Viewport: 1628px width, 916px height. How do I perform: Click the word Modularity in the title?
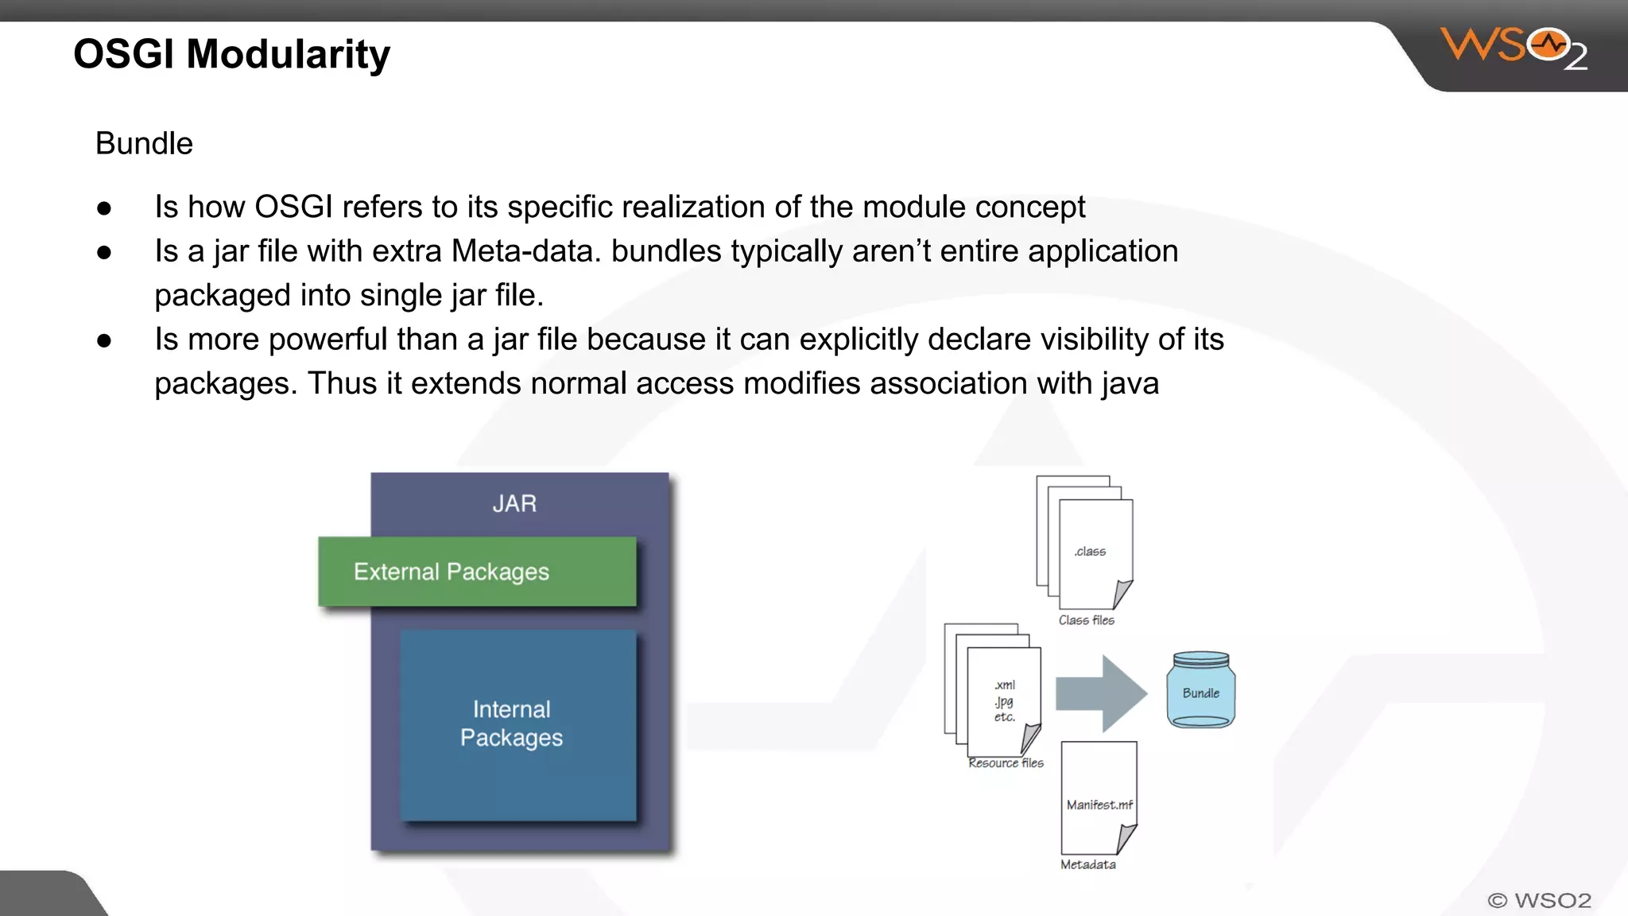(x=288, y=54)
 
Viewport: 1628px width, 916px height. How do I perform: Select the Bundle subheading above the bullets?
(x=144, y=144)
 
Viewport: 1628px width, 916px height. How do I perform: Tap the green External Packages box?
(x=477, y=572)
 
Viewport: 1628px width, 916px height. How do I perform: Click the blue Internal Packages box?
(x=517, y=724)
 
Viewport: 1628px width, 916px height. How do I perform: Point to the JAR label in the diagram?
(x=514, y=503)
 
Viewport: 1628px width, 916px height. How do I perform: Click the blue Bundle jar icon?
(x=1200, y=690)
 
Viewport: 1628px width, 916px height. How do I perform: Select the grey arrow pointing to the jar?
(x=1100, y=693)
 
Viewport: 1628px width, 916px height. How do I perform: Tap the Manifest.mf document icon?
(x=1099, y=798)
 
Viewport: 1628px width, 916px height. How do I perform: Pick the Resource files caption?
(x=1006, y=763)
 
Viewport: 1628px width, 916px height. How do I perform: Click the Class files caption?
(x=1086, y=620)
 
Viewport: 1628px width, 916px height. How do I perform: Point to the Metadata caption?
(x=1087, y=865)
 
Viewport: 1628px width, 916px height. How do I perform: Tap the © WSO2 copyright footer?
(x=1539, y=901)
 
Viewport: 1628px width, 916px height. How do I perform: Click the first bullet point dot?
(x=104, y=208)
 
